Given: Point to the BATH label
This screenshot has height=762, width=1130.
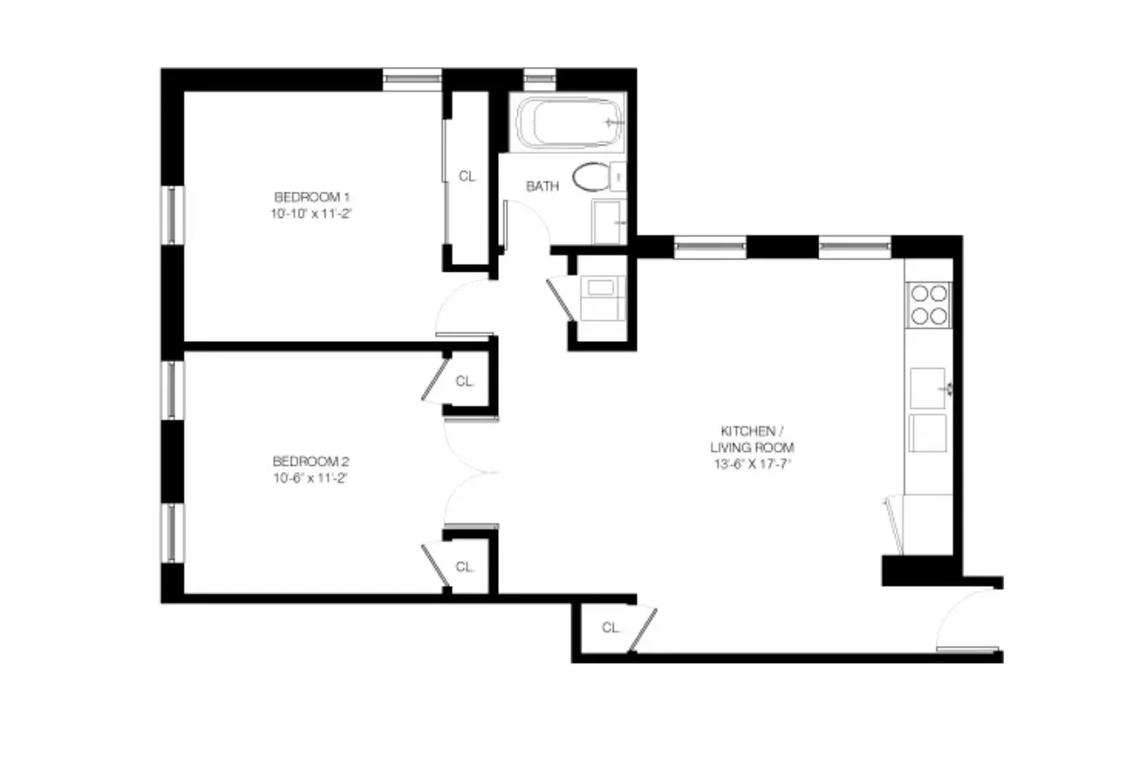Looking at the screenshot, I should pyautogui.click(x=542, y=187).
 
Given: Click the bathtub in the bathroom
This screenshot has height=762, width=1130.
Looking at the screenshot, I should pyautogui.click(x=568, y=123).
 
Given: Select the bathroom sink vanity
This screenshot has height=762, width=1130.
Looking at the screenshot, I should pyautogui.click(x=610, y=222).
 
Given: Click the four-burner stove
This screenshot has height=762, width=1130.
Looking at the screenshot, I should pyautogui.click(x=928, y=304).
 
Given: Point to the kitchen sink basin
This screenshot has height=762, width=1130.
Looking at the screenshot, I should pyautogui.click(x=927, y=387).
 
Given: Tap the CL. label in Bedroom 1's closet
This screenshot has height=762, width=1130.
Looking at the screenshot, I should pyautogui.click(x=468, y=176).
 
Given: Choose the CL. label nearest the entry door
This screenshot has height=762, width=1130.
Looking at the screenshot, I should pyautogui.click(x=612, y=627).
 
